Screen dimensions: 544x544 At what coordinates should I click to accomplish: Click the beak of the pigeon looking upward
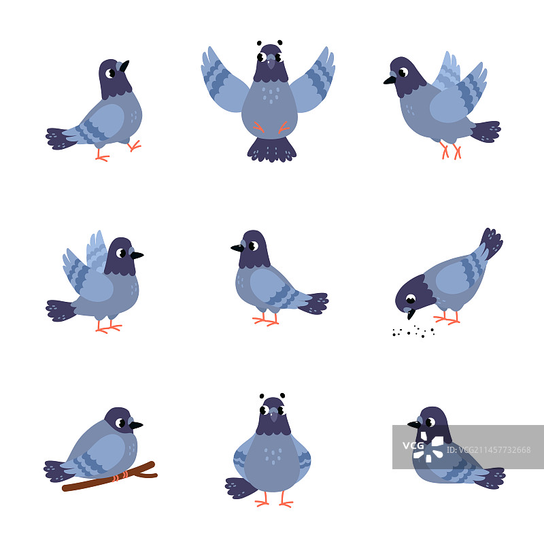coord(124,66)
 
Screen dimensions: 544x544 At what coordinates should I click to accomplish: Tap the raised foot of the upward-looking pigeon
coord(135,146)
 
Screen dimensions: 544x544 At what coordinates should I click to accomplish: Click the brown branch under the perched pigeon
coord(109,477)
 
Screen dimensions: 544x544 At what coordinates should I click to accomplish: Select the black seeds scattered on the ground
coord(413,332)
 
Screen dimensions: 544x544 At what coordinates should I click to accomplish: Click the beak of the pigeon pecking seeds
coord(411,314)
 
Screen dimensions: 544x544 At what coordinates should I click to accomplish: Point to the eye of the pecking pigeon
coord(411,299)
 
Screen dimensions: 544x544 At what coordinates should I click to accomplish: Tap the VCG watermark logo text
coord(413,445)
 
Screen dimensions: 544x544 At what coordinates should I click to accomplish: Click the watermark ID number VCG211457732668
coord(488,450)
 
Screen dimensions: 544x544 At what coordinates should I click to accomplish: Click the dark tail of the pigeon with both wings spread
coord(271,150)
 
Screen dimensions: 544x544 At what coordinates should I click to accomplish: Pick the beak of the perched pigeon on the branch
coord(136,425)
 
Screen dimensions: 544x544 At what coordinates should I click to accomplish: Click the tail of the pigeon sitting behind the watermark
coord(492,478)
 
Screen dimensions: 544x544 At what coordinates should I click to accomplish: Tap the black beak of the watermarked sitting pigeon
coord(414,424)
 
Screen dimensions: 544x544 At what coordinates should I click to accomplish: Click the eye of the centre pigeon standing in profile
coord(254,245)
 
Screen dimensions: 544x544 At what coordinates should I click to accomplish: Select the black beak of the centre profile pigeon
coord(237,248)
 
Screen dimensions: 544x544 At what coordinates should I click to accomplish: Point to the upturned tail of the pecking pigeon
coord(492,242)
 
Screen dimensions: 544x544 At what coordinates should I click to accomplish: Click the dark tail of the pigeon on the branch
coord(57,471)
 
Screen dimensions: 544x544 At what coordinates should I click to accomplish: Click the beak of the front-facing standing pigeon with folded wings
coord(274,415)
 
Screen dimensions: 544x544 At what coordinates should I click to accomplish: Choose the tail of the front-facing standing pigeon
coord(241,488)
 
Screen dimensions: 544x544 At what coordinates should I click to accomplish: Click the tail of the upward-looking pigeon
coord(60,139)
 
